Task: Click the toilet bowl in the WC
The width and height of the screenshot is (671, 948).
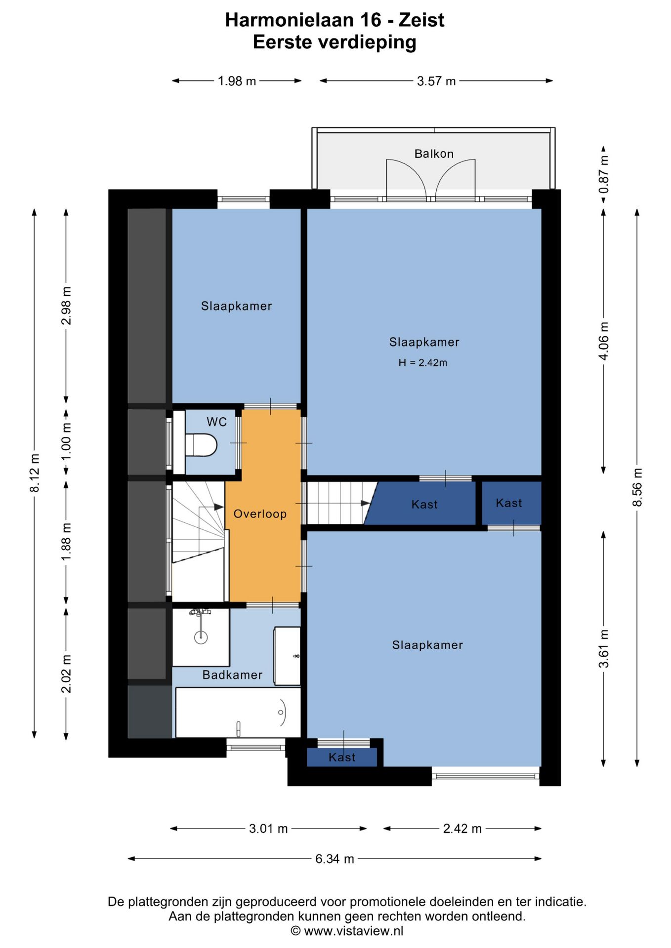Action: [x=201, y=445]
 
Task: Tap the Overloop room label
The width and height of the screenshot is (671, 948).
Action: [x=260, y=514]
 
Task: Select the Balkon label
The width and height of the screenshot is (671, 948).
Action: [x=434, y=154]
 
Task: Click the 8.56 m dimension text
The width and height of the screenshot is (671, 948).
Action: [x=637, y=487]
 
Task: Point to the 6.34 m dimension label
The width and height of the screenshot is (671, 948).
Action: [x=335, y=859]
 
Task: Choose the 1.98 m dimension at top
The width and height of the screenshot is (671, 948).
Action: [x=237, y=81]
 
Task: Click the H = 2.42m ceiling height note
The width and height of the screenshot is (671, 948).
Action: [x=423, y=362]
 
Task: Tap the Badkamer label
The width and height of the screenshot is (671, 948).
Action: [x=232, y=675]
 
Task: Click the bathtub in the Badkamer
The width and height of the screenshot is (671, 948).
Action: [x=238, y=712]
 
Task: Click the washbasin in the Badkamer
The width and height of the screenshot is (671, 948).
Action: [x=287, y=656]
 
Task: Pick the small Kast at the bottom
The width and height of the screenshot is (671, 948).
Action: [x=342, y=757]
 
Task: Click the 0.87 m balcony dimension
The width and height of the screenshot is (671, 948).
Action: [x=603, y=175]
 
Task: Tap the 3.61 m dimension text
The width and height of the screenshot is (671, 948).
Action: [x=603, y=649]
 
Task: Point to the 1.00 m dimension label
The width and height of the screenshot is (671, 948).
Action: [x=66, y=441]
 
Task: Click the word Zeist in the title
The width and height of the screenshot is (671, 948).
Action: [x=421, y=20]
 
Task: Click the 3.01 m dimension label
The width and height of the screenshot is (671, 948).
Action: [x=268, y=829]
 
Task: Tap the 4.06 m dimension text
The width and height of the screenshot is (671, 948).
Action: [x=603, y=341]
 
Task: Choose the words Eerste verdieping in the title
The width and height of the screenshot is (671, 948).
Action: [x=335, y=42]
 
